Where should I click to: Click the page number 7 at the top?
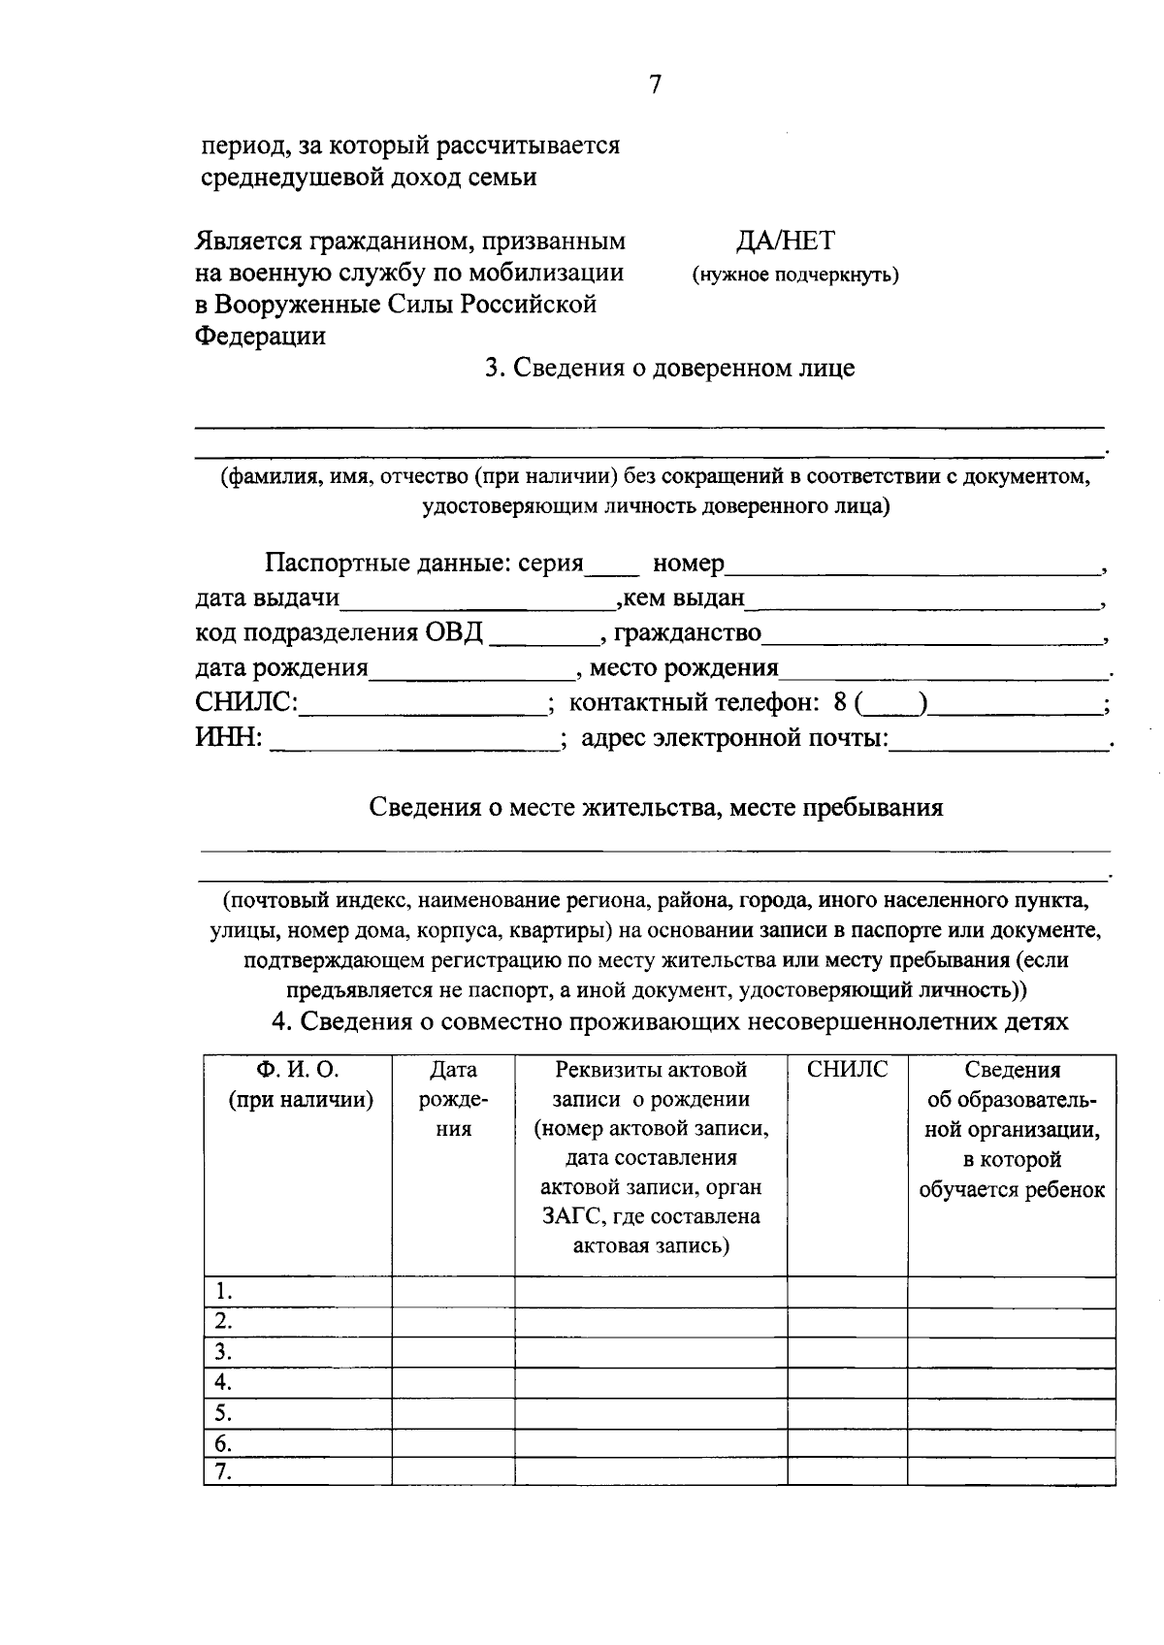point(655,85)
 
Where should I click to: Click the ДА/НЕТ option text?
point(786,241)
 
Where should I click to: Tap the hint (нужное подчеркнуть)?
point(794,275)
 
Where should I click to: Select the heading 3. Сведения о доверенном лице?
point(669,369)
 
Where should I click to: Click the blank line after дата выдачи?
point(477,599)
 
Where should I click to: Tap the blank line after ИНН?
point(412,741)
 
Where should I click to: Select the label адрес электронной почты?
point(734,739)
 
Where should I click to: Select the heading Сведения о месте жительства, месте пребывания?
point(656,808)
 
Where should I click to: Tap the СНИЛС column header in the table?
point(847,1070)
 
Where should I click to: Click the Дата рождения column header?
point(453,1099)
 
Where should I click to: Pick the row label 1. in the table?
point(224,1291)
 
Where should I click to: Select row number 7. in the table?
point(224,1471)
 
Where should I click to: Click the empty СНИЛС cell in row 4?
point(847,1381)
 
